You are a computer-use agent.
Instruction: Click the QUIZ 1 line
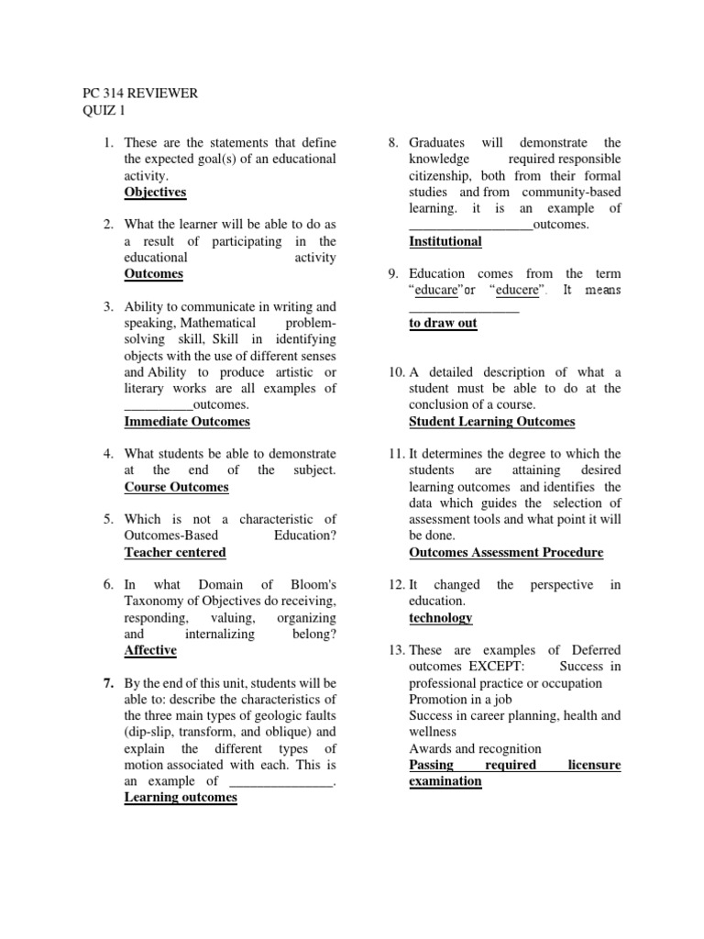click(x=103, y=111)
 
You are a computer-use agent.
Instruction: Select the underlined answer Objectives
click(x=155, y=192)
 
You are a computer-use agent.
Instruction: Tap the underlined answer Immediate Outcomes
click(x=187, y=422)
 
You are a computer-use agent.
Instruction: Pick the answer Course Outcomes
click(x=176, y=487)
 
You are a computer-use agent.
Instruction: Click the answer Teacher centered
click(x=175, y=552)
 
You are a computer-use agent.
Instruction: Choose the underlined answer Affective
click(x=150, y=650)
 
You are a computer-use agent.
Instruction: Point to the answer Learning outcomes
click(x=181, y=798)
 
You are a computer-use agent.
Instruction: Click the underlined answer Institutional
click(x=445, y=241)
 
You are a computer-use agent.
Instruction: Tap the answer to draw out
click(x=443, y=323)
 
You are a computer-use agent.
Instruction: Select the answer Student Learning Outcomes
click(x=491, y=422)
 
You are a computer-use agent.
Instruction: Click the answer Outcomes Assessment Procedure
click(x=506, y=552)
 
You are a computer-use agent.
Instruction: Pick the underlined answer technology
click(x=441, y=618)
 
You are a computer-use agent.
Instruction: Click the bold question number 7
click(x=107, y=683)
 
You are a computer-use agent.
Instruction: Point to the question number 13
click(x=395, y=650)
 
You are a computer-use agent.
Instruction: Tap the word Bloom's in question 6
click(x=310, y=585)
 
